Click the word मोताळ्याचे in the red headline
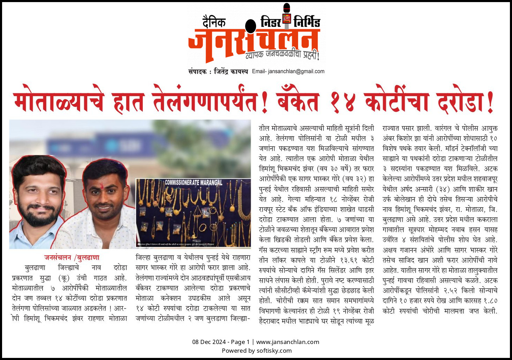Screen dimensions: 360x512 [59, 102]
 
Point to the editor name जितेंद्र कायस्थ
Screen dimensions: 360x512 [231, 71]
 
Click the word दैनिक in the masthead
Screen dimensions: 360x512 [214, 23]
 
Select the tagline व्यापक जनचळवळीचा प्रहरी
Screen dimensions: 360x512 [282, 55]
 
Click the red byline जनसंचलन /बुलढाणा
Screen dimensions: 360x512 [72, 258]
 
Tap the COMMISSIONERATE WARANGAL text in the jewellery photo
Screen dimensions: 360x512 [193, 182]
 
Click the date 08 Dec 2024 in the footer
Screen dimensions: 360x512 [209, 342]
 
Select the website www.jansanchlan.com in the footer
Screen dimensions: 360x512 [288, 342]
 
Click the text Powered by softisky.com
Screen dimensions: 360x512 [257, 351]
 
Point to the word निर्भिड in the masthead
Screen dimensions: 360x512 [307, 22]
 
